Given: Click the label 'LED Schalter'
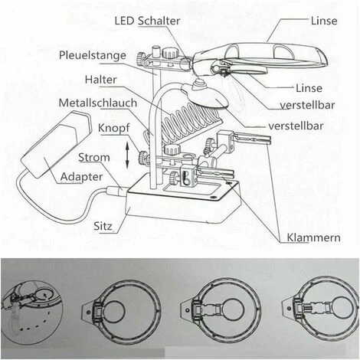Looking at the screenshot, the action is coord(147,21).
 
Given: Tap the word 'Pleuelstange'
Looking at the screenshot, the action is coord(93,55).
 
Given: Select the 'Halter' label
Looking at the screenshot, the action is coord(100,80).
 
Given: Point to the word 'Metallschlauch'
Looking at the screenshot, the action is coord(98,103).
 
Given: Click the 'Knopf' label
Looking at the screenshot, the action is coord(114,128).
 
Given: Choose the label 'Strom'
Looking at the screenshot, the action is coord(94,157).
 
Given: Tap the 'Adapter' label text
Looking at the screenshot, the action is coord(81,177).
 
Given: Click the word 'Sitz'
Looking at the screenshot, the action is coord(103,226).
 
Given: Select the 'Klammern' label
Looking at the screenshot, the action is coord(313,237).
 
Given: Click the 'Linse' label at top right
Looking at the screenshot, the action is coord(324,21).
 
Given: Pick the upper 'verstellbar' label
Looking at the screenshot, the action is coord(307,105).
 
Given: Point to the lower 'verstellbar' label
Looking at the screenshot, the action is coord(296,126).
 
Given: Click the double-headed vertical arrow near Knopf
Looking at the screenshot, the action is coord(127,155).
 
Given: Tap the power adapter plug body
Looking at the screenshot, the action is coord(55,143).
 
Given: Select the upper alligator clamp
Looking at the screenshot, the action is coord(251,139).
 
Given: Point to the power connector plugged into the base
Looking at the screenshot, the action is coord(116,191).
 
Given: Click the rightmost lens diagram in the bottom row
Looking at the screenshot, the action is coord(319,308).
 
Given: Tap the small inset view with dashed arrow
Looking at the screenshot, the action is coord(32,309).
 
